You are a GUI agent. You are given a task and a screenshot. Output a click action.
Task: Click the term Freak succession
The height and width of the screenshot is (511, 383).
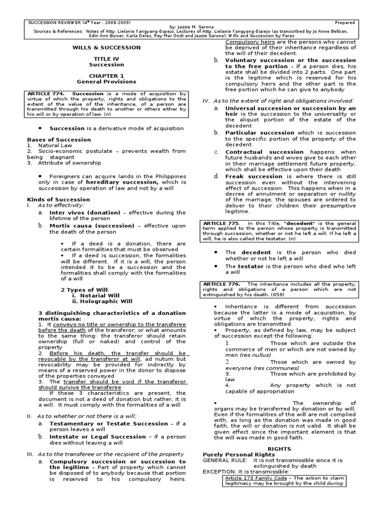[254, 176]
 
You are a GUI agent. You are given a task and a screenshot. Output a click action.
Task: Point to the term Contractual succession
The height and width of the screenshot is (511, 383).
[259, 152]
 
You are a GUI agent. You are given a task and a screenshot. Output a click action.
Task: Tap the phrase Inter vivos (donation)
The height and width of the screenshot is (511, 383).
[85, 212]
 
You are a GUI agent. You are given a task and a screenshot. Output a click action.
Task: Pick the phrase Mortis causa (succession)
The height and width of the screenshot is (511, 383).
[91, 226]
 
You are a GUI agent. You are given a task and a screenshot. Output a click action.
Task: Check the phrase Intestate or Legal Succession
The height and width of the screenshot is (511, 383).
[97, 437]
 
